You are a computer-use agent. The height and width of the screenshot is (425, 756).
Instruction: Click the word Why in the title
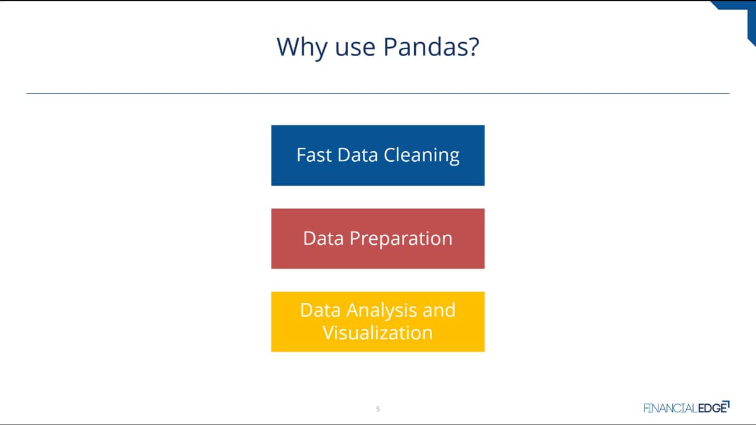point(302,48)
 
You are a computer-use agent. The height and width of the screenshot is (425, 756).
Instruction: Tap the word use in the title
point(355,49)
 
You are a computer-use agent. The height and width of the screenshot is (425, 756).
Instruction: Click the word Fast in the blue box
point(314,155)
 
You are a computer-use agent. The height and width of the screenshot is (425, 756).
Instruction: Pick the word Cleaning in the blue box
point(421,156)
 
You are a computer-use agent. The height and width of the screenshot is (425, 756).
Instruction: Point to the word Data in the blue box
point(357,155)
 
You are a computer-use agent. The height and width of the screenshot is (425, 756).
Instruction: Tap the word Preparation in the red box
point(401,239)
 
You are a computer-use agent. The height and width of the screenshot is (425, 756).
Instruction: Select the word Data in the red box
point(323,239)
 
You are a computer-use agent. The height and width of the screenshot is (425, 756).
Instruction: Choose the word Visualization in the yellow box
point(377,332)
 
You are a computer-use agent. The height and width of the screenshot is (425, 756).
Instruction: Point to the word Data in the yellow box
point(320,310)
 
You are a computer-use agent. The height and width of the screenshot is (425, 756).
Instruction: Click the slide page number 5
point(378,409)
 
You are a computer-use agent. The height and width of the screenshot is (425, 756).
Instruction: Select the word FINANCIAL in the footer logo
point(670,408)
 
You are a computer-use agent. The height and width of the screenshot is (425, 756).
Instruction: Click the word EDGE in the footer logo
point(712,408)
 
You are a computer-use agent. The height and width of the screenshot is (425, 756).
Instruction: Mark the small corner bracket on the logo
point(728,404)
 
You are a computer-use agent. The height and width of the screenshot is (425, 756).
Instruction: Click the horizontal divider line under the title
point(378,93)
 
